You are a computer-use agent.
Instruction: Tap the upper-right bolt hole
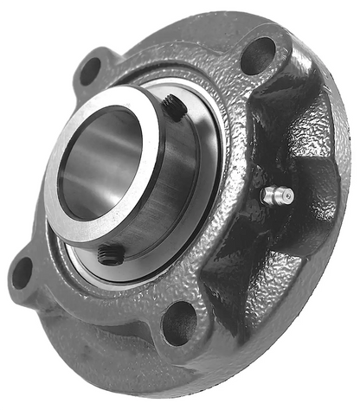pyautogui.click(x=257, y=56)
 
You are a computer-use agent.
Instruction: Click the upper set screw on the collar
pyautogui.click(x=173, y=107)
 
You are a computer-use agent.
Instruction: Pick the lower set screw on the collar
pyautogui.click(x=110, y=253)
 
